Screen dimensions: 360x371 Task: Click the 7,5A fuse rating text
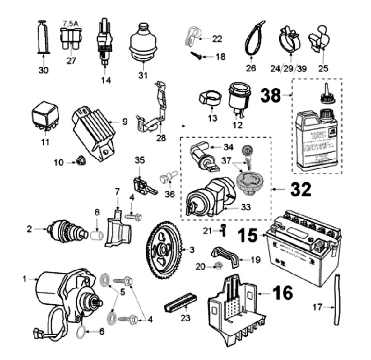tap(70, 23)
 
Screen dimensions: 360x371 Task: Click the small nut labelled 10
tap(81, 162)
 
